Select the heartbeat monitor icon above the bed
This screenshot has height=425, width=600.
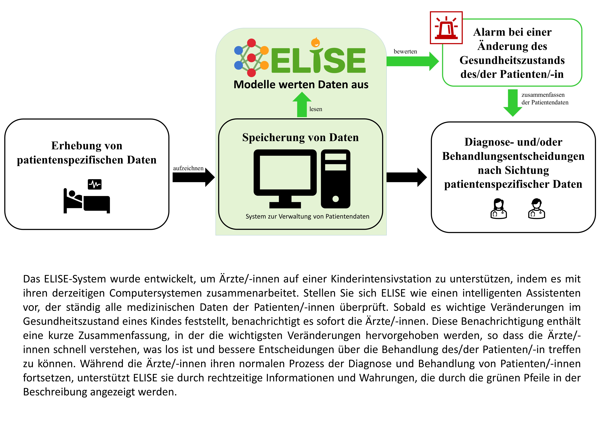[x=95, y=184]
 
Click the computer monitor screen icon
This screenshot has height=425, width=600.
[x=285, y=179]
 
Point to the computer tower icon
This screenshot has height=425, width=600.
[x=336, y=179]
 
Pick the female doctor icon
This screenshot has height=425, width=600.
[x=499, y=209]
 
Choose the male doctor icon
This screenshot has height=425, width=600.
[x=536, y=209]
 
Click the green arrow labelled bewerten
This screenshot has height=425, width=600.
[x=413, y=61]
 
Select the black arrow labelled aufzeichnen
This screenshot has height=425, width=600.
[x=194, y=177]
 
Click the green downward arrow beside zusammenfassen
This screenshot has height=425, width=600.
[x=513, y=103]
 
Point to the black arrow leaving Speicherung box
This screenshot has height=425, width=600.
[x=407, y=177]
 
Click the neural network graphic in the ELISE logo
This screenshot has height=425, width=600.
[x=251, y=58]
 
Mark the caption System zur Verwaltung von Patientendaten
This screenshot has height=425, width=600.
[x=307, y=216]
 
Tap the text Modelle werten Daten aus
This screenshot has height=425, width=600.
[x=301, y=84]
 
